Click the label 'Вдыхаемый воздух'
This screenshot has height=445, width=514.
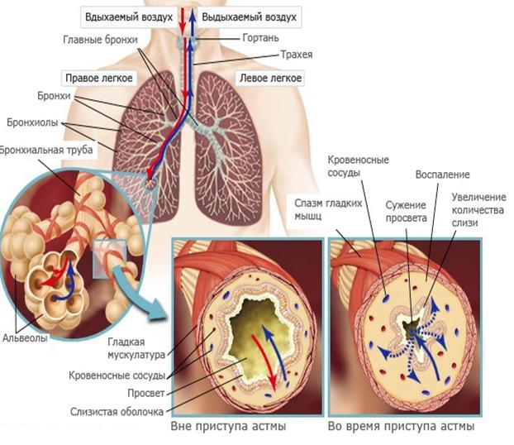[x=128, y=17]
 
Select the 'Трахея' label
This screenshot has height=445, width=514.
[x=292, y=56]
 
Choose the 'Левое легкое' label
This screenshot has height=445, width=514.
[x=270, y=79]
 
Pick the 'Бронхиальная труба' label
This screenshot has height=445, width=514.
[x=46, y=150]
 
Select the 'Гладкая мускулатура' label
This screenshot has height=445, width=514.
[x=136, y=347]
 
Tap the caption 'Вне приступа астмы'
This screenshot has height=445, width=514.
[x=228, y=427]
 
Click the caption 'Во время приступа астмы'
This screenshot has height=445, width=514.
[x=402, y=427]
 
